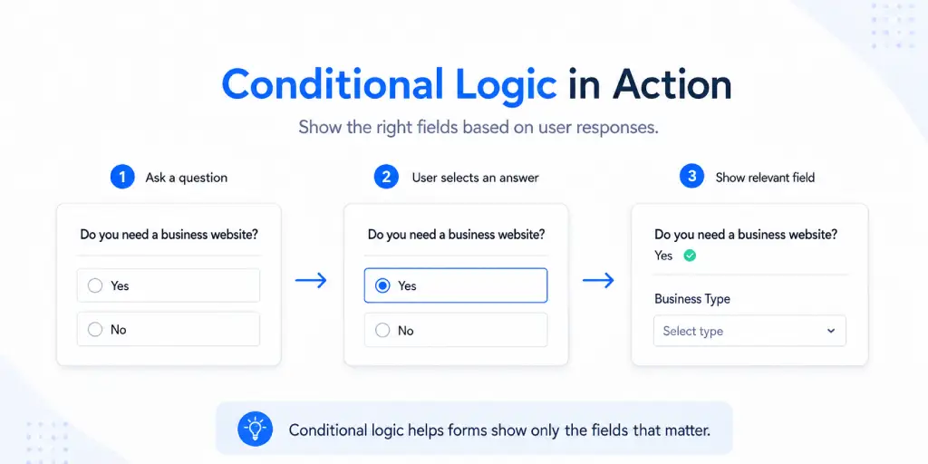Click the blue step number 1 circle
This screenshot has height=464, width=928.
pyautogui.click(x=122, y=177)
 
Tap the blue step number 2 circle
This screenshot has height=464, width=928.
pyautogui.click(x=386, y=177)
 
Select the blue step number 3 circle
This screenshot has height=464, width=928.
pyautogui.click(x=691, y=177)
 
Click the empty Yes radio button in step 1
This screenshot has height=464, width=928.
pyautogui.click(x=94, y=285)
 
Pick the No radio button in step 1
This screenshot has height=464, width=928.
pyautogui.click(x=94, y=330)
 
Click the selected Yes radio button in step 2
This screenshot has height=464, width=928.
pyautogui.click(x=383, y=285)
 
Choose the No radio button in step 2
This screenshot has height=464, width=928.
pyautogui.click(x=383, y=330)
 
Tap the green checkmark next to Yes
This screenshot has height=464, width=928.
pyautogui.click(x=690, y=256)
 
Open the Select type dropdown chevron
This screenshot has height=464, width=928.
pyautogui.click(x=831, y=331)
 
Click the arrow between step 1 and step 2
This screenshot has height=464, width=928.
pyautogui.click(x=311, y=281)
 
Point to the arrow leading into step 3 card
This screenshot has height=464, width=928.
pyautogui.click(x=598, y=281)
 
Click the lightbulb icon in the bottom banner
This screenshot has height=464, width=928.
pyautogui.click(x=255, y=429)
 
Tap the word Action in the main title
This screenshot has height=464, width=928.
pyautogui.click(x=672, y=85)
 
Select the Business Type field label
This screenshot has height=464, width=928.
pyautogui.click(x=692, y=299)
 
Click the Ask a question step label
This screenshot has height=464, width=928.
pyautogui.click(x=187, y=178)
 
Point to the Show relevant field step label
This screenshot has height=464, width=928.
pyautogui.click(x=765, y=178)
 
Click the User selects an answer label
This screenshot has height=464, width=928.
pyautogui.click(x=475, y=178)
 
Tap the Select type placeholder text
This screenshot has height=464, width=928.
pyautogui.click(x=693, y=332)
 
